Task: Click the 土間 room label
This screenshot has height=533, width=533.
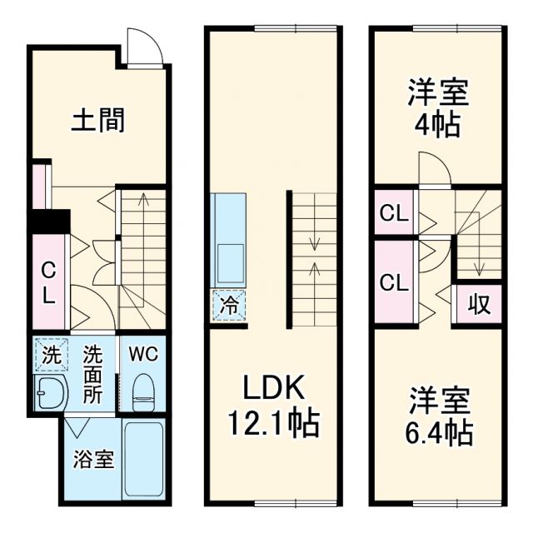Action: tap(97, 122)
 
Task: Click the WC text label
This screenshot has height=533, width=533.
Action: tap(142, 353)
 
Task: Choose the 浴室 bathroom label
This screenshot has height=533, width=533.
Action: tap(90, 459)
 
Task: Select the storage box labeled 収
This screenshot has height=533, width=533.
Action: tap(479, 304)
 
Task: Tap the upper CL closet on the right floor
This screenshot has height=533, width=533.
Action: tap(393, 214)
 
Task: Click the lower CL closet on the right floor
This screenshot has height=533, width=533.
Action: tap(393, 281)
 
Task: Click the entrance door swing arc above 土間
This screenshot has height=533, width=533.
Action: tap(142, 47)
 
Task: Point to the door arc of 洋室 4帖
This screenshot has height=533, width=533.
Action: tap(433, 168)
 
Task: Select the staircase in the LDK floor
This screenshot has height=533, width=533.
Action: tap(314, 259)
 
